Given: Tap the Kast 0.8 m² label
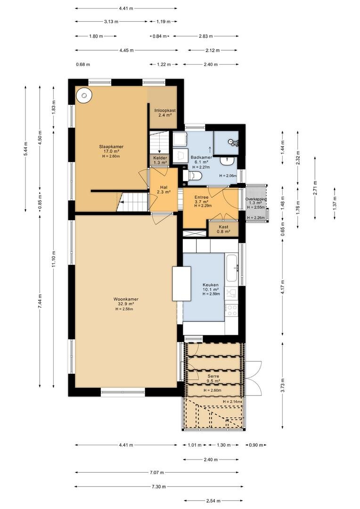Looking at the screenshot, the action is pyautogui.click(x=223, y=229).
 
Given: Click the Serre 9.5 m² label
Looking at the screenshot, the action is pyautogui.click(x=213, y=378).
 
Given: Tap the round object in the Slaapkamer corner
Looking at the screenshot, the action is pyautogui.click(x=84, y=95).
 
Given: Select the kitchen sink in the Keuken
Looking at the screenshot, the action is pyautogui.click(x=232, y=268).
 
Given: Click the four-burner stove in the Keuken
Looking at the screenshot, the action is pyautogui.click(x=232, y=310).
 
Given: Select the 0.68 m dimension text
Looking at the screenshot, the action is pyautogui.click(x=83, y=64).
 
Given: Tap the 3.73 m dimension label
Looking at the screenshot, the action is pyautogui.click(x=282, y=386).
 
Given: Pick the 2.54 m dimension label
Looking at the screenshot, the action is pyautogui.click(x=213, y=501).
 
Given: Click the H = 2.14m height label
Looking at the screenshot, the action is pyautogui.click(x=232, y=402).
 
